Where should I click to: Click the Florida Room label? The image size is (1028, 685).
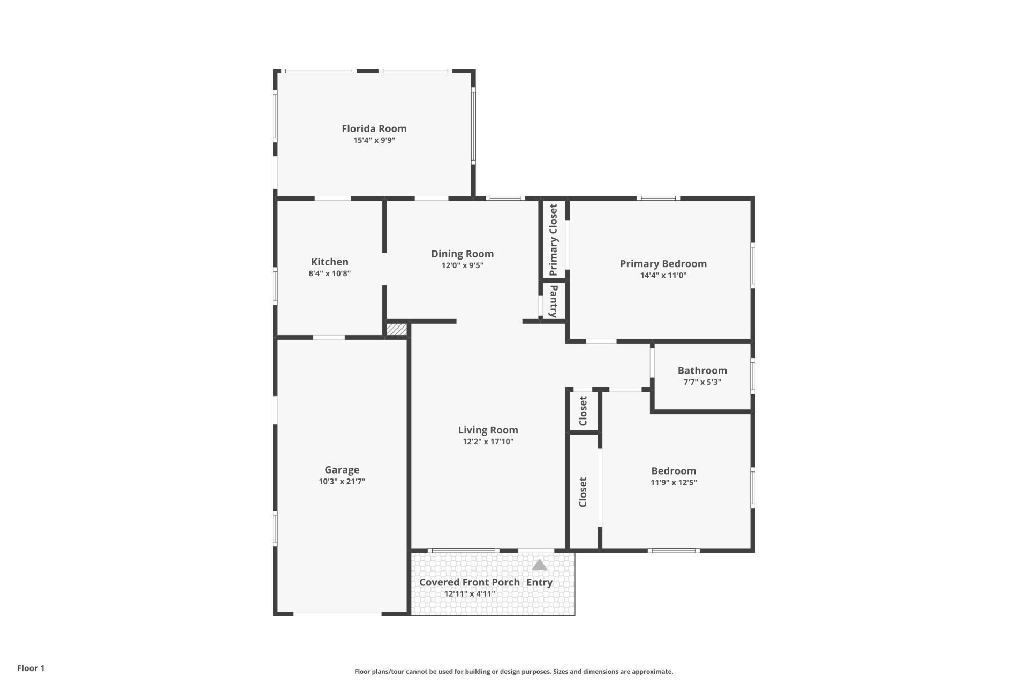coord(374,128)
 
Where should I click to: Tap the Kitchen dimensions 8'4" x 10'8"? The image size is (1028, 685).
coord(329,273)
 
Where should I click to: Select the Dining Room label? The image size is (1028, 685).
coord(462,254)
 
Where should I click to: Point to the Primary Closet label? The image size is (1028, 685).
coord(553,239)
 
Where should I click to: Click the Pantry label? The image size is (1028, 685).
coord(554,301)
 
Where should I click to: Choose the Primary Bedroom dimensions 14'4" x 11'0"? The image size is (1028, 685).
coord(663,276)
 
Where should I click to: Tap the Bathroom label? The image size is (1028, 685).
coord(702,370)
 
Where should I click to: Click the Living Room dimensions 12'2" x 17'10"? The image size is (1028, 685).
coord(488,442)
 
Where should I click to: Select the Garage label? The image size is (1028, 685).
coord(342,470)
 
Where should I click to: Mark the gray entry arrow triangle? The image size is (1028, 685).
coord(539,566)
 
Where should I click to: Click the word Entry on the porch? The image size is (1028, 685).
coord(539,582)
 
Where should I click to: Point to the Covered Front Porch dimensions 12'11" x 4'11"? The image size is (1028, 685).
coord(469,593)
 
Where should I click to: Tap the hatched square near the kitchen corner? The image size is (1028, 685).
coord(397,329)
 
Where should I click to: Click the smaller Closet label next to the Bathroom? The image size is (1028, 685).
coord(583,410)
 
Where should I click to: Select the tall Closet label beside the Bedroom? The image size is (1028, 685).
coord(583,492)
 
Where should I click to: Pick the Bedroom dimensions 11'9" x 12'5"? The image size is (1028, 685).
coord(673,482)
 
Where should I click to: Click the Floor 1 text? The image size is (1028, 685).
coord(31,668)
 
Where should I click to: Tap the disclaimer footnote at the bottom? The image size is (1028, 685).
coord(513,672)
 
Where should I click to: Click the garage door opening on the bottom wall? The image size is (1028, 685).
coord(337,614)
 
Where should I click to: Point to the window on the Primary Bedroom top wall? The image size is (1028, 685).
coord(658,199)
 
